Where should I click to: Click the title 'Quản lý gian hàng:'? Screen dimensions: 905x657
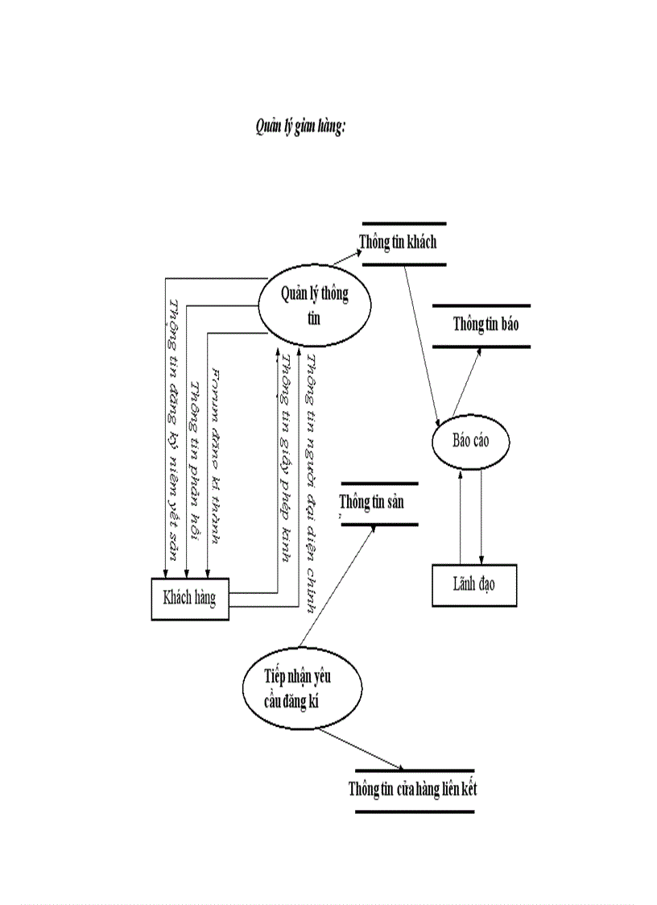300,127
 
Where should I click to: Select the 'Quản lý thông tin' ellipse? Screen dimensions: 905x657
314,305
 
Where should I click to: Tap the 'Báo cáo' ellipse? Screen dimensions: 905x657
470,442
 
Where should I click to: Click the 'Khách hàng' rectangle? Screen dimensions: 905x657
190,599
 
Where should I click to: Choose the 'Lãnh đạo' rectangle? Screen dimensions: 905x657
473,585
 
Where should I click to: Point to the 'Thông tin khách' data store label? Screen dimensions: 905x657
398,241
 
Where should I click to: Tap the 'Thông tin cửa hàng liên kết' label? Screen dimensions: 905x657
412,788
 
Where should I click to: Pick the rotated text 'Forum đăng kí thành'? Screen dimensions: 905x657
214,455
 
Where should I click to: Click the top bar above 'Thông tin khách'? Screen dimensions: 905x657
403,223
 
